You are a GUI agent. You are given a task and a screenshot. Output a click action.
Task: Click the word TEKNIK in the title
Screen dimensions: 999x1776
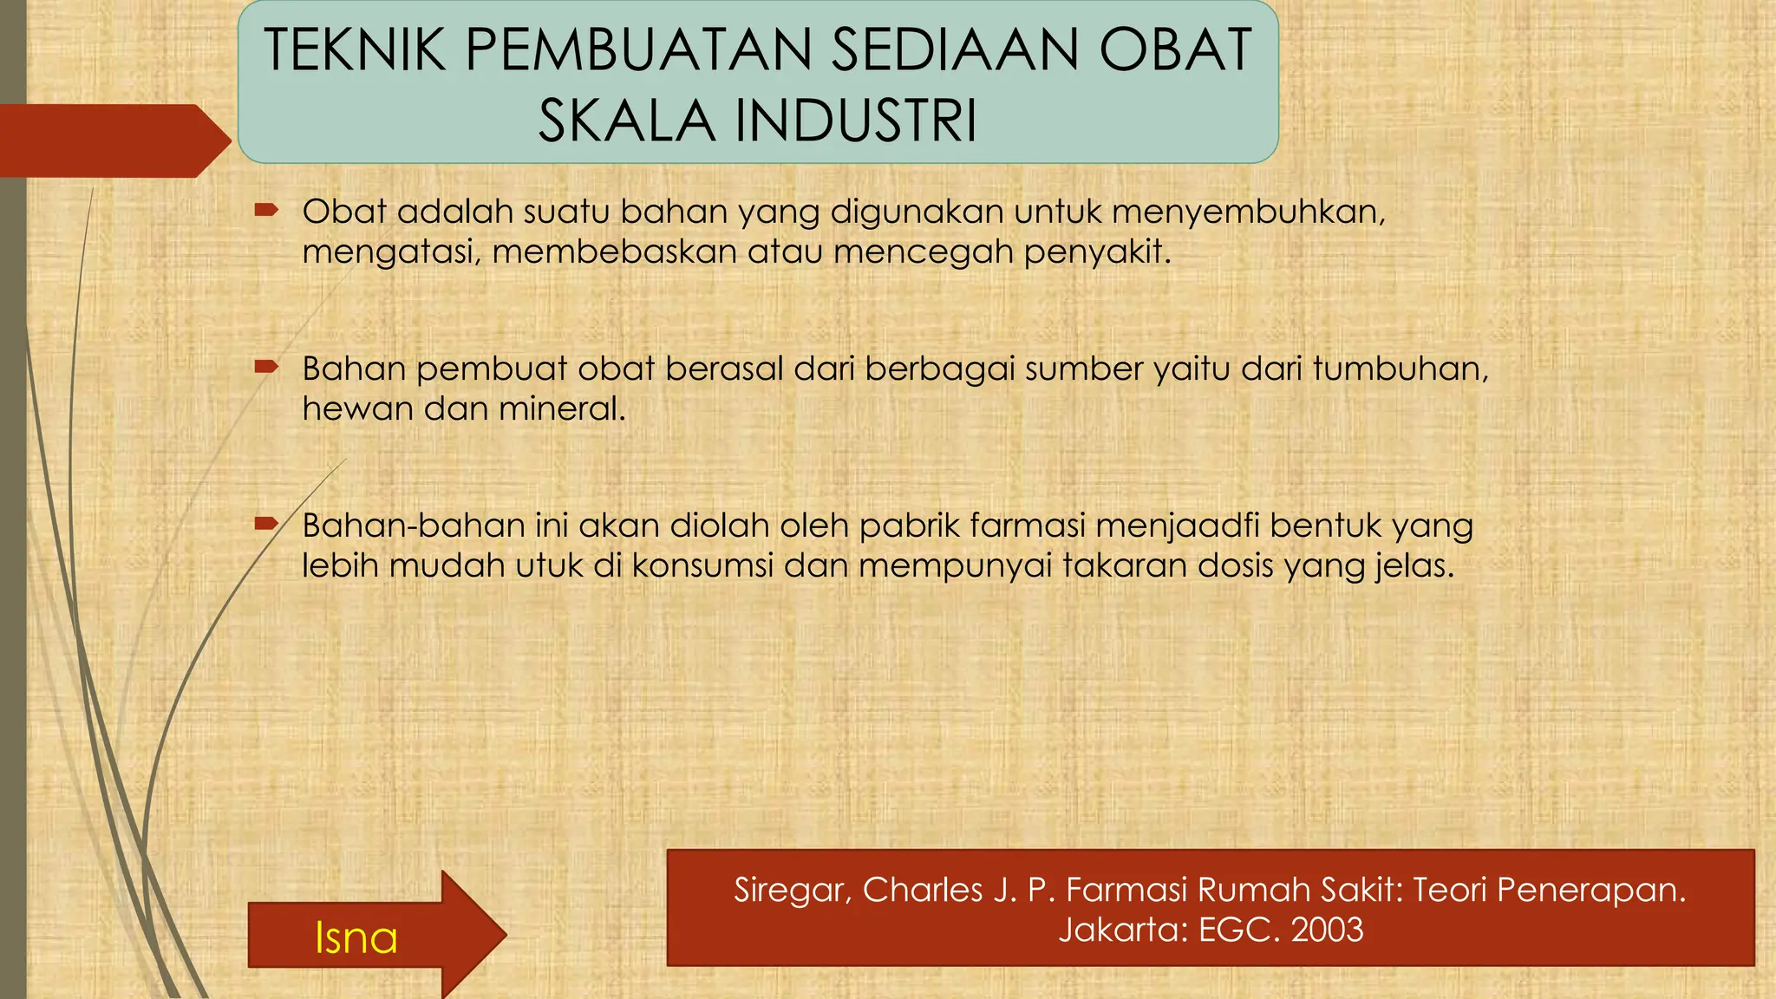(355, 50)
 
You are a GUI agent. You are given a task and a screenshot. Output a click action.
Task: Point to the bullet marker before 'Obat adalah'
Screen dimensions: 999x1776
(265, 210)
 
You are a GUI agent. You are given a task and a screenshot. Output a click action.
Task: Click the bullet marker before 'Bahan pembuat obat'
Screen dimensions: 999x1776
(265, 367)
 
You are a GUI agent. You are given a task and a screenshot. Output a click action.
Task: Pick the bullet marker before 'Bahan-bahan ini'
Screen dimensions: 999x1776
(265, 524)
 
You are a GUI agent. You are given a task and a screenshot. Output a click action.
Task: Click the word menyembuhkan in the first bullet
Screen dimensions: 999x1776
(1248, 212)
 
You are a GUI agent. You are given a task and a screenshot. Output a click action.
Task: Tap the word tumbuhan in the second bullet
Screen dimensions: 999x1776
(1400, 369)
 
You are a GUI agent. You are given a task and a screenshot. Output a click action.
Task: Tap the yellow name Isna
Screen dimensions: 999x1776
(356, 938)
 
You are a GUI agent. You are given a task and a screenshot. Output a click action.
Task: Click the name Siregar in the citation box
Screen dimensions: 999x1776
(792, 891)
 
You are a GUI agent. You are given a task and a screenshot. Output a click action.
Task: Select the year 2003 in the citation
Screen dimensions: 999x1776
(1327, 930)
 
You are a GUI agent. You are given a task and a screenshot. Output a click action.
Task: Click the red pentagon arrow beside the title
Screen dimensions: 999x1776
(113, 140)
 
